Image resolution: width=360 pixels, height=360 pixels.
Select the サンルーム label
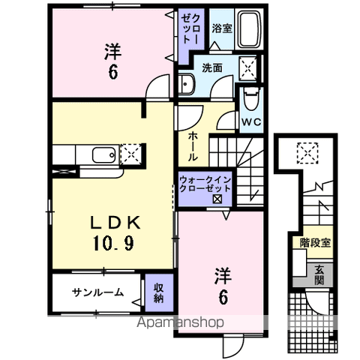(x=97, y=292)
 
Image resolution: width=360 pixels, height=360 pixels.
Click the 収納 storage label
(x=159, y=292)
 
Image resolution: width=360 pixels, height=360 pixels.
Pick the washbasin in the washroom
(x=187, y=85)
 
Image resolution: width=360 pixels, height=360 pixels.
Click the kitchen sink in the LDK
(x=103, y=156)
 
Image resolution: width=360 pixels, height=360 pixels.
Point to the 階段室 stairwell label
(x=315, y=242)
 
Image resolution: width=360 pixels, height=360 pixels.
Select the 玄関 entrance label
(x=319, y=275)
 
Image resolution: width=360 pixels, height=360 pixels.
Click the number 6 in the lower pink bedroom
(x=223, y=297)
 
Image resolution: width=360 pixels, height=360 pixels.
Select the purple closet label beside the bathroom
(x=187, y=34)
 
